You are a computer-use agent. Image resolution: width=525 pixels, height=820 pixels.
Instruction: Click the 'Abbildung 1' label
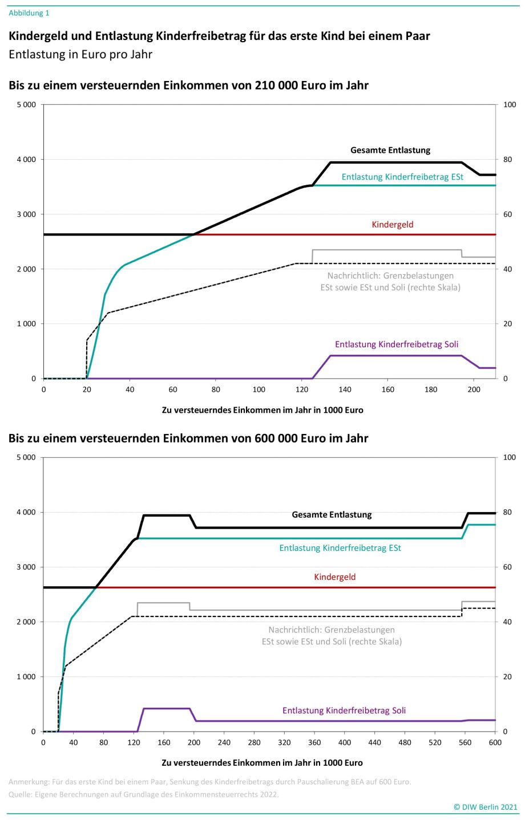click(29, 13)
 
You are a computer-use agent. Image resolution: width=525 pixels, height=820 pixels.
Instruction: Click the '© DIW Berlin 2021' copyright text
click(485, 807)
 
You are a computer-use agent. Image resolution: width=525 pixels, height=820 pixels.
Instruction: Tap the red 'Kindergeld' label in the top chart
click(393, 225)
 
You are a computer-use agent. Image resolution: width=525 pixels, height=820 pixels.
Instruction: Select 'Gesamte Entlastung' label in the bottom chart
click(332, 514)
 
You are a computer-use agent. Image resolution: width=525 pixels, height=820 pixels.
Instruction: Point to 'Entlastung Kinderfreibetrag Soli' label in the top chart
click(397, 344)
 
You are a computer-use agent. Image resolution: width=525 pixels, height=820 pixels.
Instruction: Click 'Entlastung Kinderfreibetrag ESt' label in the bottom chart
click(340, 548)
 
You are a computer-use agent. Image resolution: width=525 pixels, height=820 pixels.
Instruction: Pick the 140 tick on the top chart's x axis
click(345, 389)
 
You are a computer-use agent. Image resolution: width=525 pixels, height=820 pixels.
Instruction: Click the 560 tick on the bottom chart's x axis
click(465, 742)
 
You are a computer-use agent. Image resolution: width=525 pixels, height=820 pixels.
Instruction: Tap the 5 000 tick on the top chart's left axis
click(26, 105)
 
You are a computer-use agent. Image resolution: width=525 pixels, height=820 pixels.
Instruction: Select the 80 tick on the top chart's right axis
click(507, 160)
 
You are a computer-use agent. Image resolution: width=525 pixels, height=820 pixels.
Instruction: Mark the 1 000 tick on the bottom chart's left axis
click(26, 677)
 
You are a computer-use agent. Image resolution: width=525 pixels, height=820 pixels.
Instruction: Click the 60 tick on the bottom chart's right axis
click(507, 567)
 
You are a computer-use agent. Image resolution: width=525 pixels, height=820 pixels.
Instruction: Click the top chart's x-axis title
click(262, 410)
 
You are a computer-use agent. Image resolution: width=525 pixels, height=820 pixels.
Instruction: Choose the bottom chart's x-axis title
click(262, 763)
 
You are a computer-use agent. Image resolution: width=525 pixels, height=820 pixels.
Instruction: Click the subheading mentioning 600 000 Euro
click(188, 439)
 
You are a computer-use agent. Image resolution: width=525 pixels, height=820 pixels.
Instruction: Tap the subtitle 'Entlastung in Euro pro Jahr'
click(80, 55)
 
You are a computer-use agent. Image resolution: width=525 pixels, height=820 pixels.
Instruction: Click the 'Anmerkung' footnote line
click(209, 782)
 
